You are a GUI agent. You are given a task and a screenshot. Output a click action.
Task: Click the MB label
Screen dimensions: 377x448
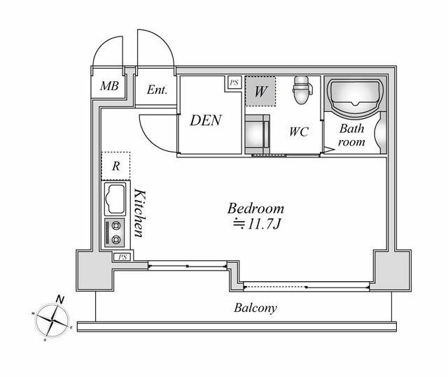[108, 87]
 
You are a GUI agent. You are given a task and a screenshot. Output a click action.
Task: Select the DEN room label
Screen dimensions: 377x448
[206, 120]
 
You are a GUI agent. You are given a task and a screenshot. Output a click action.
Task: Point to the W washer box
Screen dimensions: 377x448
[260, 91]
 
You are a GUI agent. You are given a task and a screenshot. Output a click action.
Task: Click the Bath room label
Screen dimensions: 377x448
[352, 135]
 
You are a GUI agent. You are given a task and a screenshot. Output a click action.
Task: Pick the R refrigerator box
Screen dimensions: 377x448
[116, 166]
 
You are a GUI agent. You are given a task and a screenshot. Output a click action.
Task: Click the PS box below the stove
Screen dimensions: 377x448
[122, 257]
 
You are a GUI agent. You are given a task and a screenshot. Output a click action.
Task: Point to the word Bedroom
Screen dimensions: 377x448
[255, 208]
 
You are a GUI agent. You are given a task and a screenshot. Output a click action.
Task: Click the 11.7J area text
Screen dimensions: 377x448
[258, 224]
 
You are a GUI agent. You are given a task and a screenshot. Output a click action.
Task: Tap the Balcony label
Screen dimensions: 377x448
[255, 308]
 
